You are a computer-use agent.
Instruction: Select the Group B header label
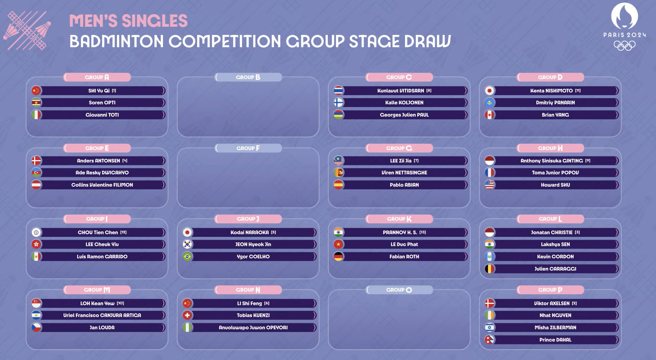pyautogui.click(x=248, y=77)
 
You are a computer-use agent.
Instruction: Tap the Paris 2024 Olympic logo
pyautogui.click(x=624, y=27)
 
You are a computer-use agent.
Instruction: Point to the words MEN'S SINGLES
pyautogui.click(x=128, y=21)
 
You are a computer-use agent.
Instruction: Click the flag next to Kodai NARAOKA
pyautogui.click(x=187, y=233)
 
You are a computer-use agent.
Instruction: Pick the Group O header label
pyautogui.click(x=399, y=290)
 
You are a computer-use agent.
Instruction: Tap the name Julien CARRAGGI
pyautogui.click(x=555, y=269)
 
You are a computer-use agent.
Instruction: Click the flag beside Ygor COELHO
pyautogui.click(x=187, y=257)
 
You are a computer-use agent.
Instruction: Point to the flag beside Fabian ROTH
pyautogui.click(x=339, y=257)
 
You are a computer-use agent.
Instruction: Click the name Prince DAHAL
pyautogui.click(x=555, y=340)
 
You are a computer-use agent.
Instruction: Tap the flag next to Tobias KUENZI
pyautogui.click(x=187, y=315)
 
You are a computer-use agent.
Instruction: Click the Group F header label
pyautogui.click(x=248, y=148)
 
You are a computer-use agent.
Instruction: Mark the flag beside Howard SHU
pyautogui.click(x=490, y=185)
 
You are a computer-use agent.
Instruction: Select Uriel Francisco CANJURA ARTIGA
pyautogui.click(x=102, y=315)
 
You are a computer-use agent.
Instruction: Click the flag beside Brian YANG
pyautogui.click(x=490, y=115)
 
